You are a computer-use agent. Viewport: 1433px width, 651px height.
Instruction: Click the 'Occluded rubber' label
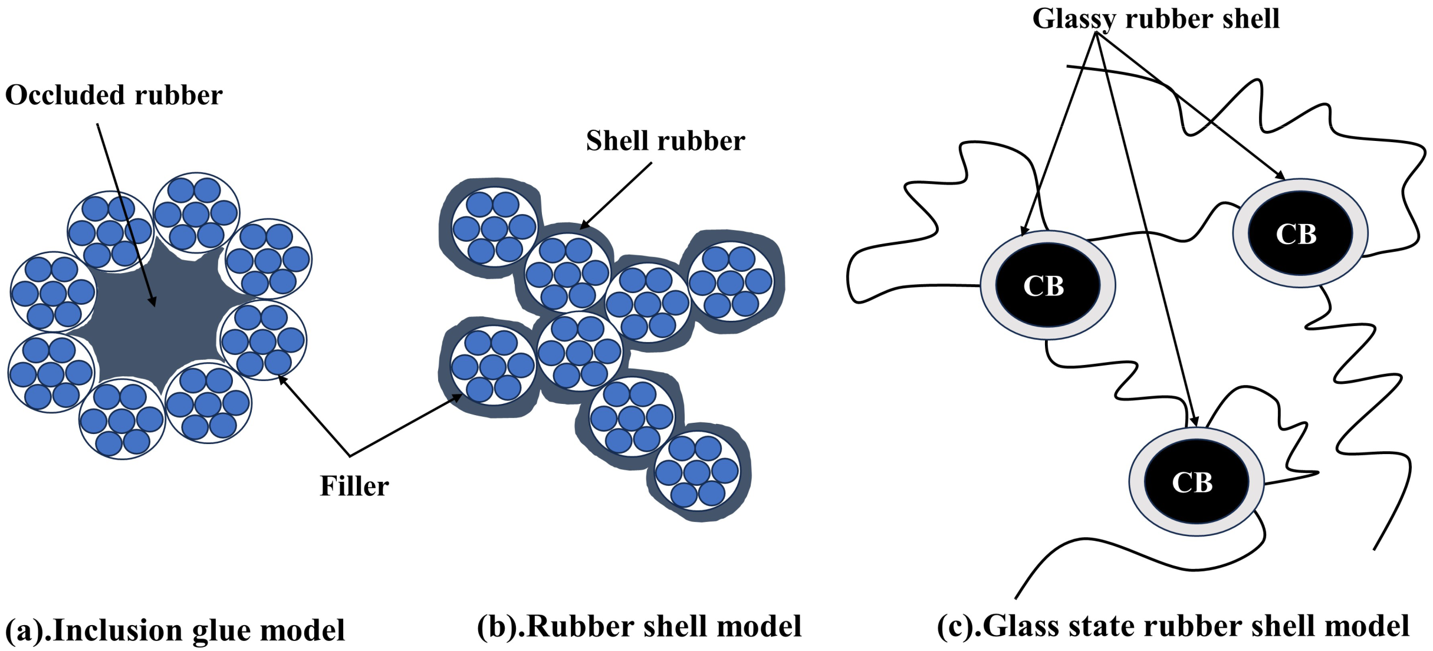[x=113, y=96]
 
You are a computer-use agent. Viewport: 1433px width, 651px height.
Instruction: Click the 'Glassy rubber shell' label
[x=1156, y=19]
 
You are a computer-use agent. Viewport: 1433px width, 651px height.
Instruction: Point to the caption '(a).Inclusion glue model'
[x=175, y=630]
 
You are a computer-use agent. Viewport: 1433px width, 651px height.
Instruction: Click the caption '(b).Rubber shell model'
[x=639, y=627]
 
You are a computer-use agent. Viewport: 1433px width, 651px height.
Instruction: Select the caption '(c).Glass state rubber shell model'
[x=1173, y=627]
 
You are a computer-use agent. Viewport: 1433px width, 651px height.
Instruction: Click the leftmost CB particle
[x=1047, y=285]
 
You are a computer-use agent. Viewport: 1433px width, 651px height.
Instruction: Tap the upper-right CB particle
[x=1300, y=234]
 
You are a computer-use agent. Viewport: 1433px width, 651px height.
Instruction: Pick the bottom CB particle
[x=1196, y=482]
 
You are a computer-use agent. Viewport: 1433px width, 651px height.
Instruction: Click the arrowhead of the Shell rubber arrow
[x=583, y=226]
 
